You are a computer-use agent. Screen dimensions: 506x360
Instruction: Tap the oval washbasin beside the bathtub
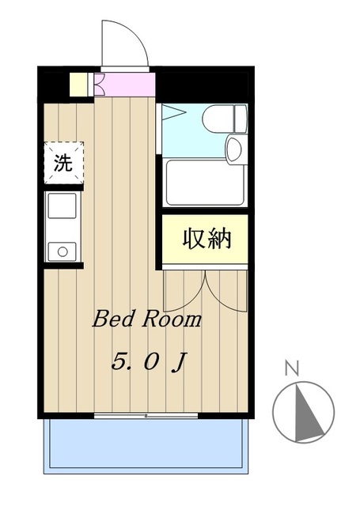[235, 149]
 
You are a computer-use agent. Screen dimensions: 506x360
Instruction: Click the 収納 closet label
[207, 238]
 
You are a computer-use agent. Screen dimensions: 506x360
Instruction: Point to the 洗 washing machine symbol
[62, 163]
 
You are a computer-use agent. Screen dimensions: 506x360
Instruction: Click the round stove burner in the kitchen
[62, 251]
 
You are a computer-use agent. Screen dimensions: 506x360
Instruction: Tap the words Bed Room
[147, 320]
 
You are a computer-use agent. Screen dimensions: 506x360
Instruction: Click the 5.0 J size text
[148, 363]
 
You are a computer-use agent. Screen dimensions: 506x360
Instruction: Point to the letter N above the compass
[291, 368]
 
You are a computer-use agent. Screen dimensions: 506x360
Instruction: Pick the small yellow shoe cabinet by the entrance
[79, 84]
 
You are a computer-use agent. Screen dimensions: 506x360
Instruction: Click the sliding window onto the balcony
[147, 414]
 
